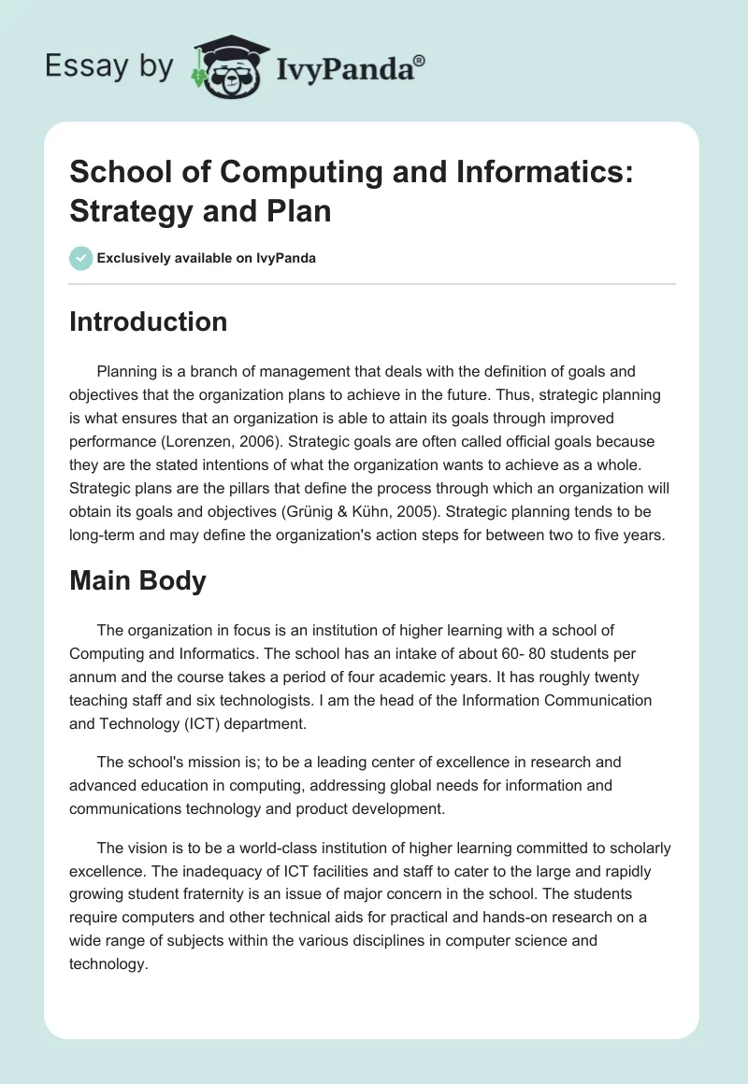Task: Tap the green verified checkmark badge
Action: pyautogui.click(x=81, y=258)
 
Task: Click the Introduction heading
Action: pyautogui.click(x=149, y=322)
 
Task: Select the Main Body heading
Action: pyautogui.click(x=137, y=580)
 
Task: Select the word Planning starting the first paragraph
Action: pyautogui.click(x=126, y=371)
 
